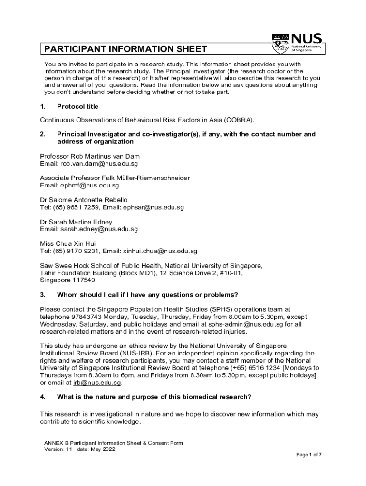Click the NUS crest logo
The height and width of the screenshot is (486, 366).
(280, 43)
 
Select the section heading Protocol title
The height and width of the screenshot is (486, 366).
(77, 106)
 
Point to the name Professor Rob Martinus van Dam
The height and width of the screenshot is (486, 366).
(90, 156)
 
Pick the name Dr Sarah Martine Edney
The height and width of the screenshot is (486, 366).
(76, 222)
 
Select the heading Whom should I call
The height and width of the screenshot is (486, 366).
(147, 294)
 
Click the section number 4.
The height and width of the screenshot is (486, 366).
(42, 397)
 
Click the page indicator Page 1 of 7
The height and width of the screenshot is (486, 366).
(309, 455)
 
